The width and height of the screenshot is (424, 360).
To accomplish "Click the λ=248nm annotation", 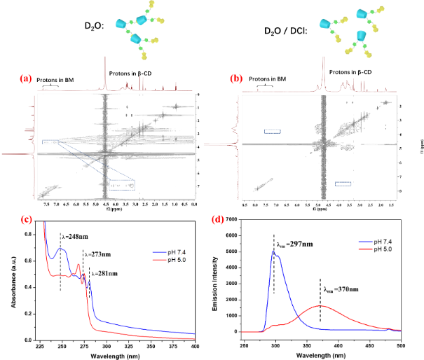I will point(74,236).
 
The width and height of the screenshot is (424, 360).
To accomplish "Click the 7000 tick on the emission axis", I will point(235,221).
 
